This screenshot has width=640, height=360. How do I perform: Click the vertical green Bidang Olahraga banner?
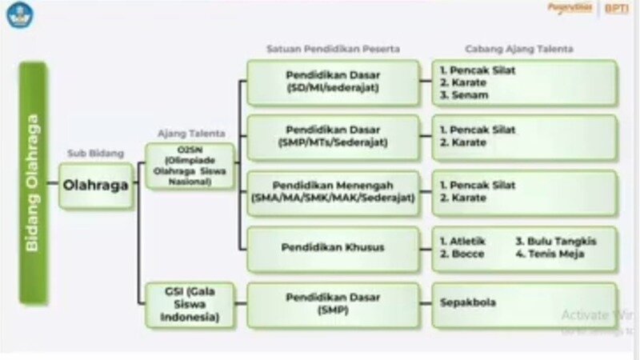34,183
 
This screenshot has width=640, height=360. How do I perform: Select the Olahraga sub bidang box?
96,186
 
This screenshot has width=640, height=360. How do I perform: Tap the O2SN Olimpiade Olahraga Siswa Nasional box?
190,166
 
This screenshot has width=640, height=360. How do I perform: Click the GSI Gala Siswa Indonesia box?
190,304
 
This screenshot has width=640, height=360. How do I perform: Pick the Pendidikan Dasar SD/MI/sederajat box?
332,82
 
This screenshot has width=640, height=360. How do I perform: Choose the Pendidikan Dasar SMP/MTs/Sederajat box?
332,136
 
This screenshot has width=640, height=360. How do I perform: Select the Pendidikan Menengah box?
332,192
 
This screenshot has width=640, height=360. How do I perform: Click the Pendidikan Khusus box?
332,247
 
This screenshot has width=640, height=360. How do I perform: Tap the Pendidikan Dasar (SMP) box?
332,304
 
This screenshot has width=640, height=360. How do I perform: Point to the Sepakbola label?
468,303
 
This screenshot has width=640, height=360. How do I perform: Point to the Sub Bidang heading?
95,151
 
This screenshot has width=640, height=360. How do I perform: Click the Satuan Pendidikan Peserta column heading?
333,50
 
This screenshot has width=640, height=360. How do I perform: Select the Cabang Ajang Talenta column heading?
519,50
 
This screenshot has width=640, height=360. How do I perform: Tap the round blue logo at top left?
18,14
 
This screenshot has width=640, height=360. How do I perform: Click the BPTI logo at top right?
616,9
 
